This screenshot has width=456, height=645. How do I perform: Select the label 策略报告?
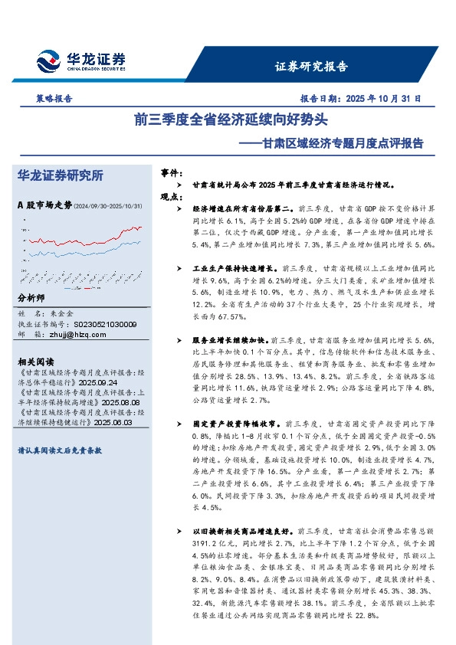pos(54,98)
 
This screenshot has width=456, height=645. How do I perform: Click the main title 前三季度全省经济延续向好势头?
pos(230,120)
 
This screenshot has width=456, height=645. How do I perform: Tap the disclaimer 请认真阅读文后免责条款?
pos(61,452)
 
